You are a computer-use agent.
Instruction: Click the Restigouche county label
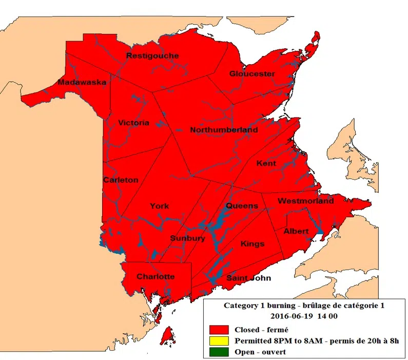click(152, 55)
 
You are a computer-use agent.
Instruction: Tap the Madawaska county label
click(82, 82)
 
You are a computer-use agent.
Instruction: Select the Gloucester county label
click(251, 73)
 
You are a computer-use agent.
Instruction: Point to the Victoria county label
click(133, 123)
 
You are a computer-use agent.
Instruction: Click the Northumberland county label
click(224, 130)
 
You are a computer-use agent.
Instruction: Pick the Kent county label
click(266, 163)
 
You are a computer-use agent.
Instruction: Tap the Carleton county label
click(121, 180)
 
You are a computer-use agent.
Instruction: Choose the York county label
click(159, 206)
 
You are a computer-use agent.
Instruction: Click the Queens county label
click(242, 206)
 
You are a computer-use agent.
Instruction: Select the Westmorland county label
click(305, 201)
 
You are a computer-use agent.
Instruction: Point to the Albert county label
click(296, 231)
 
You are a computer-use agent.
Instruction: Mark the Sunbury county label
click(188, 238)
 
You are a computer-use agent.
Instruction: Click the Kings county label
click(252, 243)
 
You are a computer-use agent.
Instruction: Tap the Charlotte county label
click(156, 276)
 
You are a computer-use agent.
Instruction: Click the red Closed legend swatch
click(218, 330)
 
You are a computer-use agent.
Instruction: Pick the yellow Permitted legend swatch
click(218, 341)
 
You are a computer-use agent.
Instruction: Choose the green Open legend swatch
click(218, 352)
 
